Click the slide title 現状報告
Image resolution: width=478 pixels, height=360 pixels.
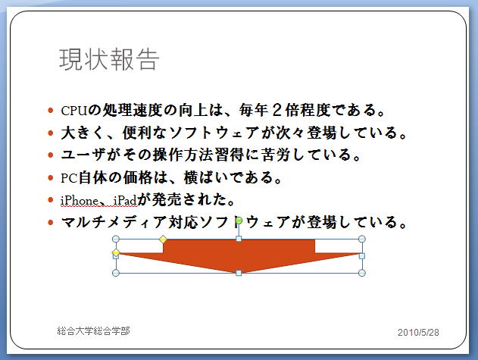109,59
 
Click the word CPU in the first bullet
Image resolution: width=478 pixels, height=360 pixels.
74,111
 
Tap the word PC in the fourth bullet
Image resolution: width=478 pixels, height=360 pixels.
69,178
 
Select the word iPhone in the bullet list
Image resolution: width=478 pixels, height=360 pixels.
80,201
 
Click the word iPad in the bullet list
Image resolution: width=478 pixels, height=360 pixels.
125,201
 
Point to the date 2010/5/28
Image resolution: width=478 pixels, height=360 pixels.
418,332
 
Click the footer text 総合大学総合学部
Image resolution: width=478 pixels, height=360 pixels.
93,330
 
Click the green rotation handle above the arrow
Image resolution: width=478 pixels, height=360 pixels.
239,221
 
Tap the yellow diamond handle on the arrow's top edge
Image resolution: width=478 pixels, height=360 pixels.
163,239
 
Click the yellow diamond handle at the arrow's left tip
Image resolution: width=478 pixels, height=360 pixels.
116,252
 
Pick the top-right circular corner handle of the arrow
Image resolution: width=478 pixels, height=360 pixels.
362,239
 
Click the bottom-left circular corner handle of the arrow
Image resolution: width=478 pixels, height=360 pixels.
116,273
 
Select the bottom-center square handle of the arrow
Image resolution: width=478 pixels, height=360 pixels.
239,273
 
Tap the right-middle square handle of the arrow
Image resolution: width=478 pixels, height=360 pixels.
362,256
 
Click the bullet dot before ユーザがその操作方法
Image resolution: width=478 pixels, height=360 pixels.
51,155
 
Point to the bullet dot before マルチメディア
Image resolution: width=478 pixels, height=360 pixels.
51,222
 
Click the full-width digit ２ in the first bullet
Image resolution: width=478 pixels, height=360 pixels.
276,110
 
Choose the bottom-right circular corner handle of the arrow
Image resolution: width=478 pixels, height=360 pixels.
362,273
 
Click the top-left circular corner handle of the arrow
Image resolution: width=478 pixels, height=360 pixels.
116,239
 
